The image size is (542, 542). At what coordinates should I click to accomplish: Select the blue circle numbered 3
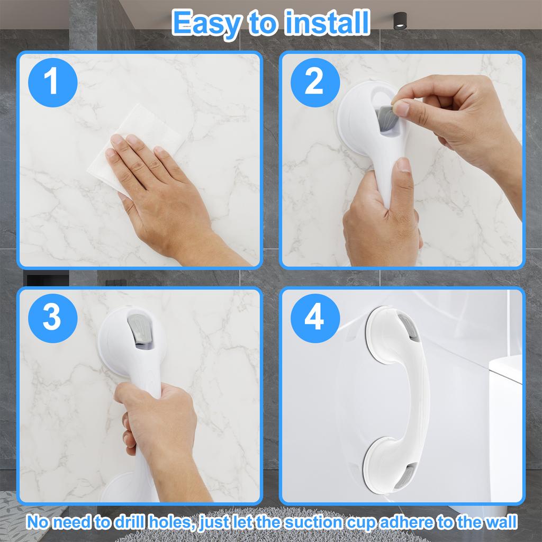(52, 318)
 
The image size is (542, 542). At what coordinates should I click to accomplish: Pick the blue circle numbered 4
(314, 318)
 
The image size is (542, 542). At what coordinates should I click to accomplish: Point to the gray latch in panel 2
(385, 118)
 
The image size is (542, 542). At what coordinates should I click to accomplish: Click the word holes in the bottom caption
(177, 522)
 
